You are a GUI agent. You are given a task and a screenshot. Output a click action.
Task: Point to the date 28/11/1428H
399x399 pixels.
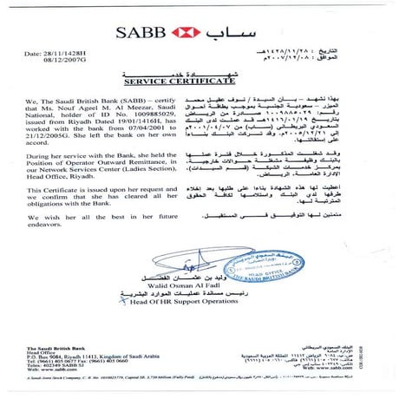pos(69,54)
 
